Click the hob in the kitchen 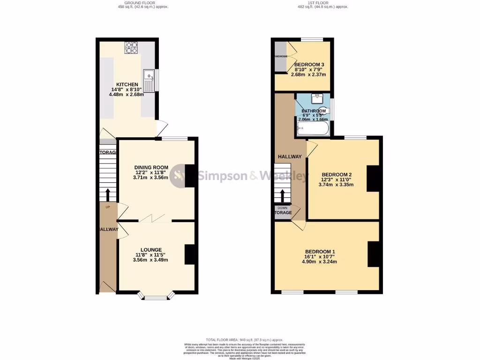pyautogui.click(x=131, y=48)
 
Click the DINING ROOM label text pyautogui.click(x=151, y=167)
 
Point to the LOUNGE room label pyautogui.click(x=150, y=250)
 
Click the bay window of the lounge pyautogui.click(x=157, y=297)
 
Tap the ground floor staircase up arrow pyautogui.click(x=108, y=195)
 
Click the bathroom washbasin pyautogui.click(x=317, y=98)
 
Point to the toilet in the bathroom pyautogui.click(x=326, y=111)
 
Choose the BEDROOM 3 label pyautogui.click(x=309, y=65)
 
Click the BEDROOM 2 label pyautogui.click(x=336, y=175)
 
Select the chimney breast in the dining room pyautogui.click(x=190, y=176)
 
